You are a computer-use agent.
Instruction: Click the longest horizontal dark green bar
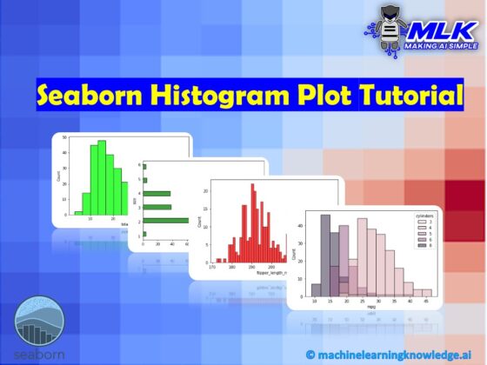[x=166, y=220]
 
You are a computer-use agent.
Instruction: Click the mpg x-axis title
[x=370, y=307]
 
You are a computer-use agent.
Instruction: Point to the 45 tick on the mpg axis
[x=426, y=299]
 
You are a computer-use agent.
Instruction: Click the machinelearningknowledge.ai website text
[x=396, y=353]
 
